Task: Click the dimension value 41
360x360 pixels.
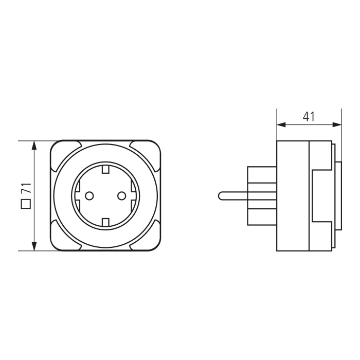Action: [x=309, y=117]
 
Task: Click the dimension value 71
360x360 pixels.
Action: [x=26, y=188]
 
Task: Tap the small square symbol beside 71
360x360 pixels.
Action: [x=26, y=204]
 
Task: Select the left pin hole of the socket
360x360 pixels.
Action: [x=89, y=196]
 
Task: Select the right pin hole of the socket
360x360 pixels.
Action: [x=121, y=196]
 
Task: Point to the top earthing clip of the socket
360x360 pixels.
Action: [x=105, y=169]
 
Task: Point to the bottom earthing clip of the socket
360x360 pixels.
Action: [x=105, y=222]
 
